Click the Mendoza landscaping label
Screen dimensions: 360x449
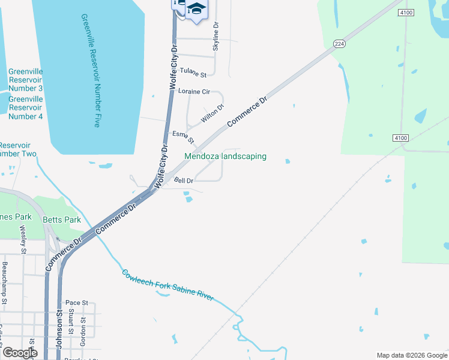tap(225, 157)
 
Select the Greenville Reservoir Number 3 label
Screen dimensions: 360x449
tap(25, 80)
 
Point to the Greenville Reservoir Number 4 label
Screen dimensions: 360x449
tap(25, 107)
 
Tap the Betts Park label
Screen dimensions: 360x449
tap(62, 220)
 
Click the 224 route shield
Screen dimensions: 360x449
tap(339, 44)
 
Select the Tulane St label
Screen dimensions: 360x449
tap(193, 75)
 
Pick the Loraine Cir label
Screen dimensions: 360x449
tap(194, 92)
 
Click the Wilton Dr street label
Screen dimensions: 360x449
tap(212, 113)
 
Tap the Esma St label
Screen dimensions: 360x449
tap(183, 137)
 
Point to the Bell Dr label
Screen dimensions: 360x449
tap(184, 180)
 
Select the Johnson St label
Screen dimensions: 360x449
tap(60, 333)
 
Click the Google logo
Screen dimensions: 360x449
tap(20, 353)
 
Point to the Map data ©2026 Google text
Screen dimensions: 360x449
tap(412, 355)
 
